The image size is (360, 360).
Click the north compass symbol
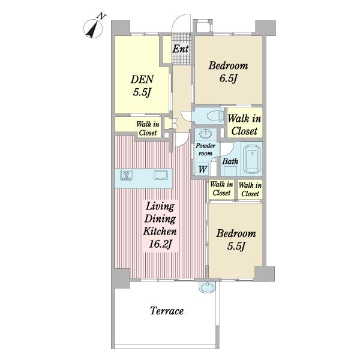click(x=93, y=28)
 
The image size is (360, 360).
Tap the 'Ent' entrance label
click(x=181, y=49)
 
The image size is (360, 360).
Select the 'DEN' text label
click(x=142, y=79)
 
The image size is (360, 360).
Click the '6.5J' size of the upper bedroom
click(x=228, y=78)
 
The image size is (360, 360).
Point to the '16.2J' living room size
click(x=160, y=244)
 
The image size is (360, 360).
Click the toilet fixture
click(x=215, y=115)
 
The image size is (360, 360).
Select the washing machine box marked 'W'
click(x=202, y=169)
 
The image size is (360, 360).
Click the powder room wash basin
click(x=206, y=133)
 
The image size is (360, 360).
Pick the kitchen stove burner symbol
click(x=126, y=175)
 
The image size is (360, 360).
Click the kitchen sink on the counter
click(x=161, y=175)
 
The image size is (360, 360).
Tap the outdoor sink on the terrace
click(x=208, y=287)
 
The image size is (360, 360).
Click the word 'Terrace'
click(x=167, y=311)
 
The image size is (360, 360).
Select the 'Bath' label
click(x=230, y=161)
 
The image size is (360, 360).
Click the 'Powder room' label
click(x=205, y=149)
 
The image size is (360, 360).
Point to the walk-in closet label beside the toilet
click(x=244, y=125)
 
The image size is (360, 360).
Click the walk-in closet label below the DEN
click(x=148, y=128)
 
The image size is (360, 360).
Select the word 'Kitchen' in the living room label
click(x=160, y=231)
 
